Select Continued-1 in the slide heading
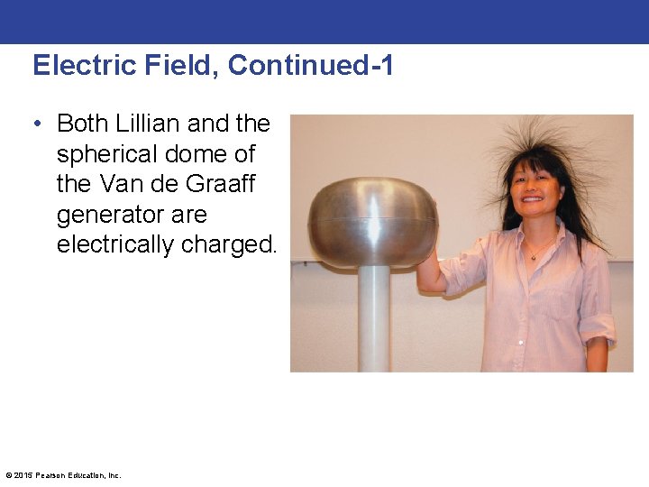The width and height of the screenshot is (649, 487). (311, 66)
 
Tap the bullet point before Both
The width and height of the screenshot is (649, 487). (41, 124)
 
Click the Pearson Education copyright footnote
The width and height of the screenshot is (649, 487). (63, 475)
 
